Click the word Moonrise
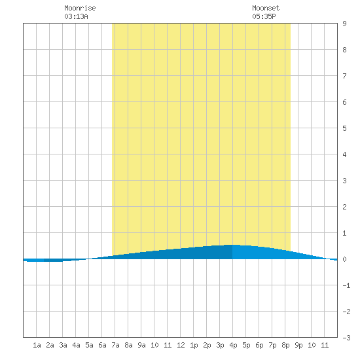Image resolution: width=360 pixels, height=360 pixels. pyautogui.click(x=80, y=8)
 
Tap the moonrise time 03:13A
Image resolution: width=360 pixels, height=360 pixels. pyautogui.click(x=76, y=16)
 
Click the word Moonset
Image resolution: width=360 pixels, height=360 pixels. pyautogui.click(x=266, y=8)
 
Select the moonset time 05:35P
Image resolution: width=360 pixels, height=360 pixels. pyautogui.click(x=264, y=16)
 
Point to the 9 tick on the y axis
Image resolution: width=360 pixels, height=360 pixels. pyautogui.click(x=344, y=24)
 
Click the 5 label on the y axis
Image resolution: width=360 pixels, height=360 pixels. pyautogui.click(x=344, y=128)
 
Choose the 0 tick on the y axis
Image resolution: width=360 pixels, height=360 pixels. pyautogui.click(x=344, y=259)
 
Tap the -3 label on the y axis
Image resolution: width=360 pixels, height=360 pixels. pyautogui.click(x=346, y=338)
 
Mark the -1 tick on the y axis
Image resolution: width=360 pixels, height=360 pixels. pyautogui.click(x=346, y=285)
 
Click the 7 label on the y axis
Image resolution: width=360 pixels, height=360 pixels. pyautogui.click(x=344, y=76)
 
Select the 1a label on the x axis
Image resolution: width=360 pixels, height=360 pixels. pyautogui.click(x=37, y=345)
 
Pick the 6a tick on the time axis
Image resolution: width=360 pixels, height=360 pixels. pyautogui.click(x=102, y=345)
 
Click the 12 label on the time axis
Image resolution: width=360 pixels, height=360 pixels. pyautogui.click(x=181, y=345)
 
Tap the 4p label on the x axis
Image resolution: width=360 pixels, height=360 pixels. pyautogui.click(x=233, y=345)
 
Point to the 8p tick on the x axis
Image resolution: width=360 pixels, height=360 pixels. pyautogui.click(x=285, y=345)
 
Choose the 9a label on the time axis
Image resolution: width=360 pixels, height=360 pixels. pyautogui.click(x=141, y=345)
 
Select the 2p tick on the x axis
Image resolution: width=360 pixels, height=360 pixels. pyautogui.click(x=207, y=345)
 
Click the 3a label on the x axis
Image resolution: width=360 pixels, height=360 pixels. pyautogui.click(x=63, y=345)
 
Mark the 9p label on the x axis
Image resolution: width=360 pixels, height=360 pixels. pyautogui.click(x=298, y=345)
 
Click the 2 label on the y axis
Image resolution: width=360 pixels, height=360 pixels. pyautogui.click(x=344, y=207)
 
